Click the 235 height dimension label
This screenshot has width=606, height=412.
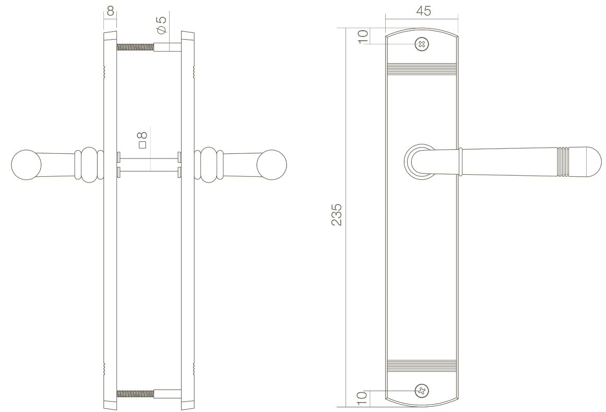(x=337, y=214)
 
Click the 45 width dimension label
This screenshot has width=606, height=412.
(x=423, y=11)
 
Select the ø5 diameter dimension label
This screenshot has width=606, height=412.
(x=161, y=23)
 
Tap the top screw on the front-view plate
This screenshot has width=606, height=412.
(x=422, y=44)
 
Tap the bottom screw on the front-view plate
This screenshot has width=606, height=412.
(x=422, y=390)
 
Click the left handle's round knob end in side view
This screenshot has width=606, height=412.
(x=26, y=164)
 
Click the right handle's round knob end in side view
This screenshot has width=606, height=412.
(x=272, y=164)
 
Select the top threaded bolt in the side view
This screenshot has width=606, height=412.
(x=136, y=47)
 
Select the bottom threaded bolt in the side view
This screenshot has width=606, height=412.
(x=136, y=393)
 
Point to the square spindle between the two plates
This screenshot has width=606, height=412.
(x=149, y=164)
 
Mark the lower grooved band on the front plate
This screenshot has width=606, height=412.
(x=422, y=365)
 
